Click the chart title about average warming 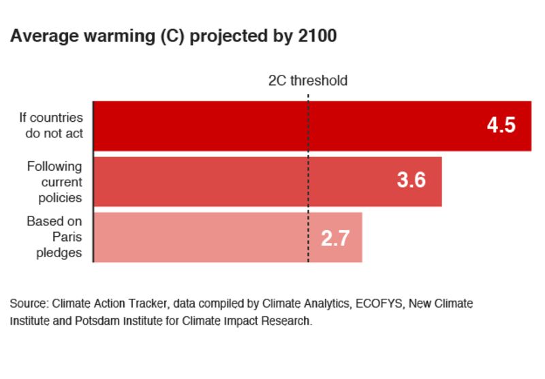(173, 37)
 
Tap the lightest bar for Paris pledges (204, 237)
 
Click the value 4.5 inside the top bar (501, 126)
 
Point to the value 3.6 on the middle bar (411, 181)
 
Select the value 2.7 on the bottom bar (335, 238)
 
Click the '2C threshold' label (307, 80)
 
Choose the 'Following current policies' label (54, 182)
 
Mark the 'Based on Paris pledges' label (54, 237)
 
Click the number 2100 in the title (317, 37)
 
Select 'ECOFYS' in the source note (379, 303)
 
